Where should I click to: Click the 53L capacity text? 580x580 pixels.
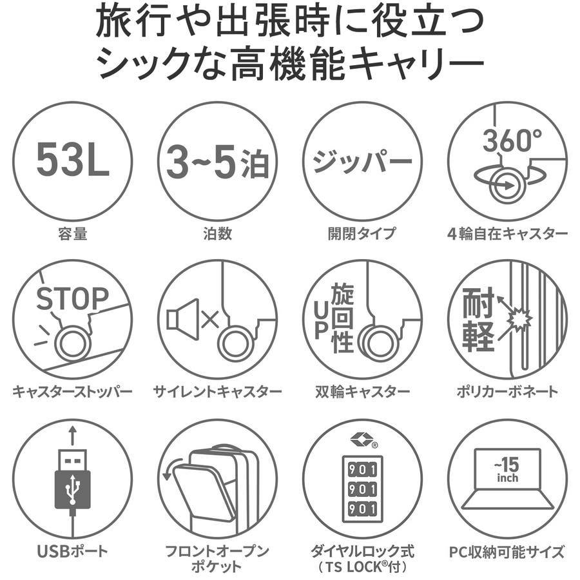(x=73, y=160)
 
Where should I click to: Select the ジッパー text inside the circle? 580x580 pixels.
(x=362, y=161)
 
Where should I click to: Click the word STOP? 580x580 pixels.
(x=72, y=298)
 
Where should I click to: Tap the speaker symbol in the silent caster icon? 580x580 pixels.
(x=183, y=319)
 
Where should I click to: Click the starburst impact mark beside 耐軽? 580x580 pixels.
(x=519, y=319)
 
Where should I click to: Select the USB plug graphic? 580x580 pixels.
(x=73, y=479)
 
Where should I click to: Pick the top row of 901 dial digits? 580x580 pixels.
(x=362, y=469)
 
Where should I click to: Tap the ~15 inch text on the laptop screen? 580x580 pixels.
(x=508, y=469)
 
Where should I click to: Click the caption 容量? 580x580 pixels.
(x=73, y=234)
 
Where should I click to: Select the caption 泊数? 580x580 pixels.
(x=218, y=234)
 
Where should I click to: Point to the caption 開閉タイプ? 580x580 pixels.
(x=362, y=234)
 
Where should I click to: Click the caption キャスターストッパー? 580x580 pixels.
(x=72, y=391)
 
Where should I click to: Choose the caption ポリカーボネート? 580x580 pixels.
(x=507, y=391)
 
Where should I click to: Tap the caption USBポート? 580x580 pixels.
(x=72, y=551)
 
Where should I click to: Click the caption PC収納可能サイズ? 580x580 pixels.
(x=507, y=552)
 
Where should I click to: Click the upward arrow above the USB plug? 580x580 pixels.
(x=73, y=436)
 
